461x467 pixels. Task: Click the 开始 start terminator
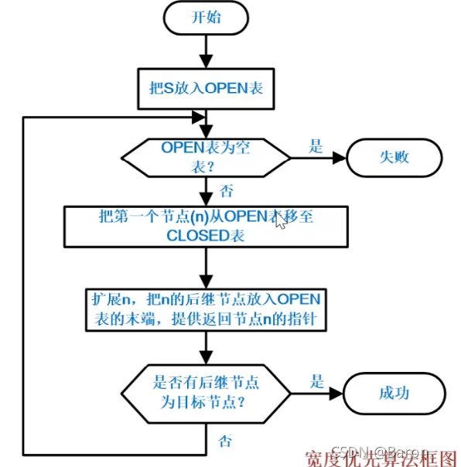pos(206,19)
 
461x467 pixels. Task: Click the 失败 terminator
pos(393,157)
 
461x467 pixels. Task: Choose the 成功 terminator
pos(393,392)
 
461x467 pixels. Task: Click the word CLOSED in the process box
pos(193,237)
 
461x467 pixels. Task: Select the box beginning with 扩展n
pos(206,308)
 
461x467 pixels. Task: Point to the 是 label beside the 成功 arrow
pos(316,381)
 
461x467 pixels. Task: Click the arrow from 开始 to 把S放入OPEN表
pos(206,51)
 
